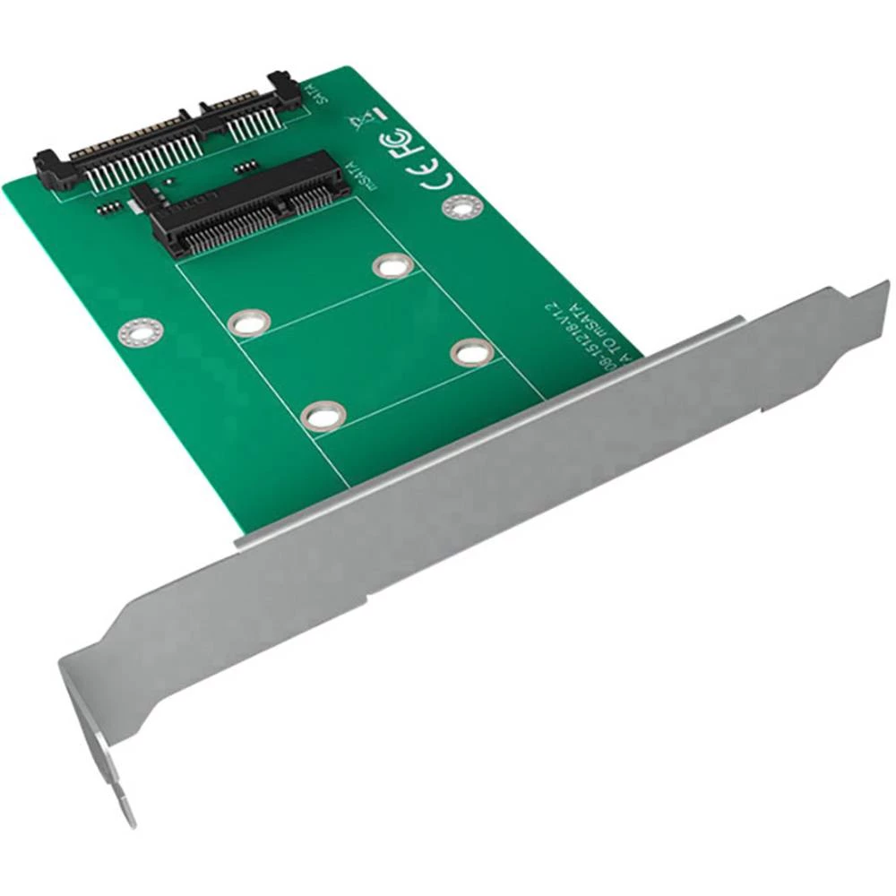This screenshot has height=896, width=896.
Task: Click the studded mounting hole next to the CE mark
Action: pyautogui.click(x=461, y=208)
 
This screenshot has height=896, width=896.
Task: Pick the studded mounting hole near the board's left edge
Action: pyautogui.click(x=139, y=333)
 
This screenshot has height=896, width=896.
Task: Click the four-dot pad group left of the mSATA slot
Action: pyautogui.click(x=108, y=207)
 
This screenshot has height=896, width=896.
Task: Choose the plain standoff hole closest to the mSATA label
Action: pyautogui.click(x=392, y=265)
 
